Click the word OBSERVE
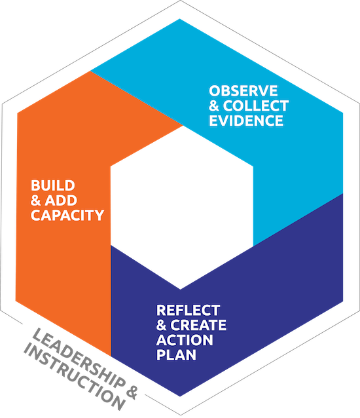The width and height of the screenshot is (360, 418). point(243,91)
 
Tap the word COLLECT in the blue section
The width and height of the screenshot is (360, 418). point(256,106)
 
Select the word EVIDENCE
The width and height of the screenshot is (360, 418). point(246,121)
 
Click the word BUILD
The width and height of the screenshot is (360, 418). point(53,185)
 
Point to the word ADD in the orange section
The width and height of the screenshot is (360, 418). point(61,200)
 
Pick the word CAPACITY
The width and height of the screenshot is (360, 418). point(67,215)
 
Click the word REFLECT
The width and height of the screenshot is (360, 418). point(189,311)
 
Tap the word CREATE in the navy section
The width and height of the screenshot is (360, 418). point(198,325)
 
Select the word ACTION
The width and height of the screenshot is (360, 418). point(185,340)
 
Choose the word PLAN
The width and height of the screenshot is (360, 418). point(176,355)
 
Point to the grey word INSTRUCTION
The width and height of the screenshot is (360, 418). point(74,378)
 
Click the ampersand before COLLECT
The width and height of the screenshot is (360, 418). point(214,106)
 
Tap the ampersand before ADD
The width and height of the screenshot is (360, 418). point(36,200)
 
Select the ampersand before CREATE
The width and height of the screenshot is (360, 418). point(162,325)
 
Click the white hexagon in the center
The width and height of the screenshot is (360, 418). point(181,208)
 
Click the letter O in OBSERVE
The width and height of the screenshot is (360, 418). point(215,91)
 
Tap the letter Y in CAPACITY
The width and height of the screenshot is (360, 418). point(99,215)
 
